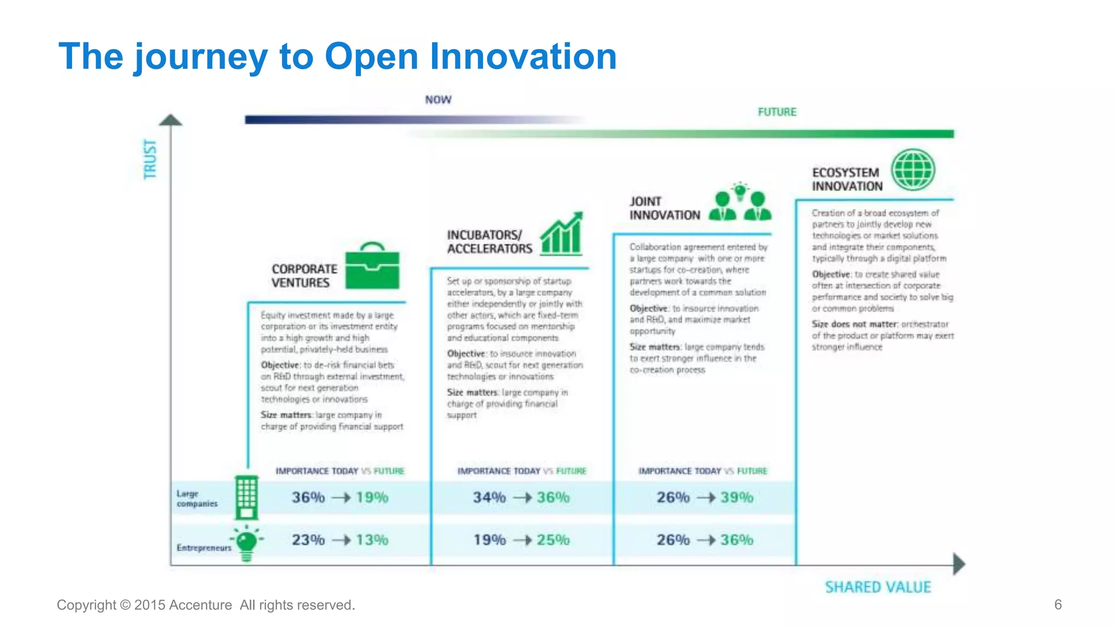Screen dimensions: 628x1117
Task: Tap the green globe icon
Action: tap(913, 170)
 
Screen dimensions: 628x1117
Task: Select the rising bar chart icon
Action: tap(562, 234)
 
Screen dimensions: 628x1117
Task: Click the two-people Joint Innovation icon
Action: tap(740, 203)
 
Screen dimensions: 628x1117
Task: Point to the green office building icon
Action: tap(246, 497)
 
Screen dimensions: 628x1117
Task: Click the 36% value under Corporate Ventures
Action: tap(308, 497)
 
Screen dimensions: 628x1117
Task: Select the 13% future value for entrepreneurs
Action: tap(372, 540)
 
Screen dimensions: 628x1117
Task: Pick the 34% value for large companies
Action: tap(489, 497)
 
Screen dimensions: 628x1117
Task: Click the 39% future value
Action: tap(737, 497)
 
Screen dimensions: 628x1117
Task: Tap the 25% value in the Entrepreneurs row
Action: tap(553, 540)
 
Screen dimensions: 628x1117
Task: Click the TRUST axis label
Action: tap(150, 159)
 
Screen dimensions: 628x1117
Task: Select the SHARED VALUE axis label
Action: tap(878, 587)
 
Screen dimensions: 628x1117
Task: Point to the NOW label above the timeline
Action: tap(438, 100)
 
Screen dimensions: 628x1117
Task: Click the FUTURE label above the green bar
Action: tap(777, 112)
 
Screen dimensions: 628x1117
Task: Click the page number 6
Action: tap(1058, 604)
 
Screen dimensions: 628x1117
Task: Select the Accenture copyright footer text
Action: tap(206, 605)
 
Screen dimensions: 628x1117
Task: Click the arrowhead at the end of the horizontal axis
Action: tap(959, 564)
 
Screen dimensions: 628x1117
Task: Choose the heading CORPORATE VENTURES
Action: tap(304, 276)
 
